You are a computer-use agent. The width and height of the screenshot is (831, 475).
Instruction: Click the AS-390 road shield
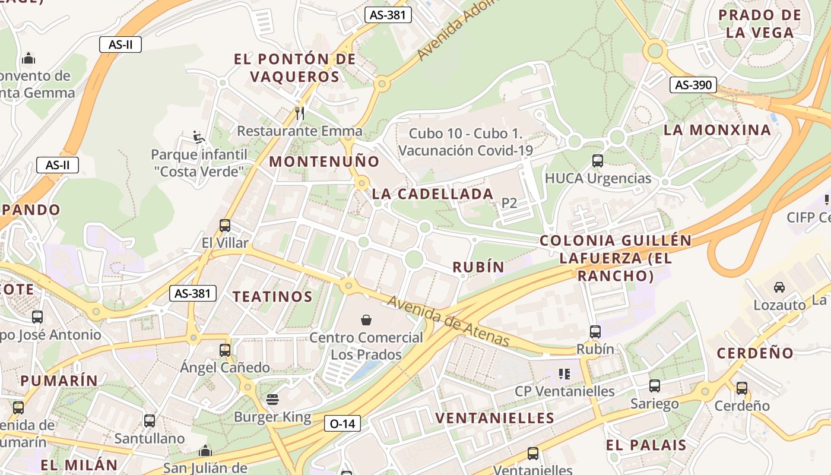click(693, 85)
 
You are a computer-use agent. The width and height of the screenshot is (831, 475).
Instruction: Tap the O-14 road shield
click(342, 423)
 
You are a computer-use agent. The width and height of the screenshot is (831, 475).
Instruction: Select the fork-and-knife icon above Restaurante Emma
click(300, 112)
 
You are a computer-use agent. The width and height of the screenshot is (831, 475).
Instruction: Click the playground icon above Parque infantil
click(199, 137)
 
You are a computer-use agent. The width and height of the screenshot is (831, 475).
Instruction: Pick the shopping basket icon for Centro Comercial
click(366, 320)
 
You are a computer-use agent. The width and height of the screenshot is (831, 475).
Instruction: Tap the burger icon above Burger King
click(272, 400)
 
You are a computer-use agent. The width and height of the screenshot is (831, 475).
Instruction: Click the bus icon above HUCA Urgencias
click(598, 160)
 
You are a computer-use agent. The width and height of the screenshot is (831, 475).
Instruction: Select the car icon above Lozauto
click(779, 287)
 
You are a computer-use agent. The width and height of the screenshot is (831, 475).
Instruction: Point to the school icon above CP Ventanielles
click(564, 373)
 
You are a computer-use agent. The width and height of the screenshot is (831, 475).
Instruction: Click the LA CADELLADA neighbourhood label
click(433, 194)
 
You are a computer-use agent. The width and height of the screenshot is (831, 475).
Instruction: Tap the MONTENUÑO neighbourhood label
click(324, 161)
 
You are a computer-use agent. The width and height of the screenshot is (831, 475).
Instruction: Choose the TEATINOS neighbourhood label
click(272, 296)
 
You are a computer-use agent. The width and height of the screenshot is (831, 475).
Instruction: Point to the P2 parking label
click(509, 203)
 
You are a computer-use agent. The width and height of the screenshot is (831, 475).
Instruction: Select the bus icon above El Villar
click(225, 225)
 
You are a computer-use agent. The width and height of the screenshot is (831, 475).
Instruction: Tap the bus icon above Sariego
click(654, 386)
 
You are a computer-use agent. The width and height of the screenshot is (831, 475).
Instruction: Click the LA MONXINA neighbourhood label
click(717, 130)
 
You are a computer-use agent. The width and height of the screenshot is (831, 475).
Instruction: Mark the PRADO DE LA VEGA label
click(760, 24)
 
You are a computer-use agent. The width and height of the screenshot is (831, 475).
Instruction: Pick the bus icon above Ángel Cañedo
click(225, 350)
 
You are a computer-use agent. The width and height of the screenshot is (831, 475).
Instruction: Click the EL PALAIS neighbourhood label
click(646, 445)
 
